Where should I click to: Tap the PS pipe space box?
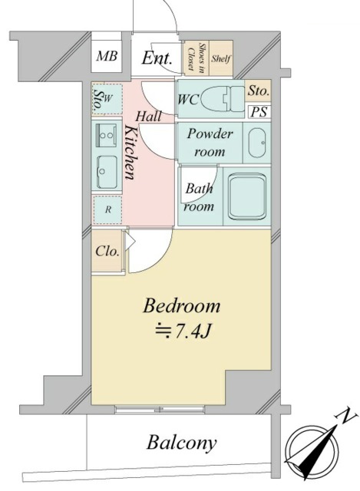259,111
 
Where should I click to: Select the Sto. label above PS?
259,91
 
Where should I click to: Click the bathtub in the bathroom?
247,198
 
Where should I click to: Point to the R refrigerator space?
107,208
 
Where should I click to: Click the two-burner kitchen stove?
105,136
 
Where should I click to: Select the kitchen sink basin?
105,172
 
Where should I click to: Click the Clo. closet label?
106,251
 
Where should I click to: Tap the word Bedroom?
182,307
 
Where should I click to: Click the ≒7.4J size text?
182,333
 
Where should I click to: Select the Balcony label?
182,443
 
